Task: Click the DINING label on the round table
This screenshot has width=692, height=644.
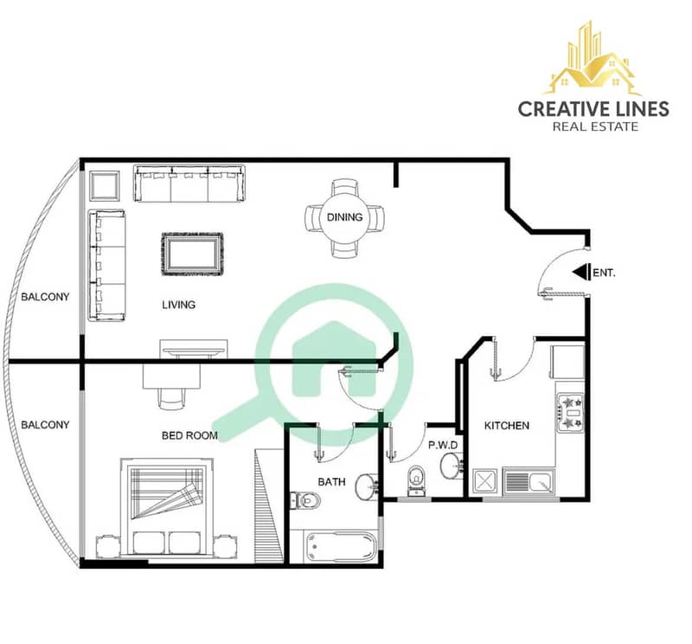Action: coord(344,217)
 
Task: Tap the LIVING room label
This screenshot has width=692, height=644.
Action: coord(179,305)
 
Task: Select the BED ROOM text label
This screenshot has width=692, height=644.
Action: coord(189,435)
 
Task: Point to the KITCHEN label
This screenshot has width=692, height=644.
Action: coord(507,425)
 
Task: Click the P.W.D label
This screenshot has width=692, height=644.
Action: coord(443,445)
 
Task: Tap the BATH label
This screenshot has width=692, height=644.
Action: coord(331,482)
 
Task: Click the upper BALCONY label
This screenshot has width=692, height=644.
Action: coord(46,297)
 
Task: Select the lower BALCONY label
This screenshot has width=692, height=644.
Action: coord(46,425)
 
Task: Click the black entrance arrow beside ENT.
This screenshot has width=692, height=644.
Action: coord(581,272)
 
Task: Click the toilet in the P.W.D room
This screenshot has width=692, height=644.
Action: coord(416,480)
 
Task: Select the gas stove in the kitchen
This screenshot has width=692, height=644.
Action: coord(571,413)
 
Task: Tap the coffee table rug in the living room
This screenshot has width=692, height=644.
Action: coord(192,254)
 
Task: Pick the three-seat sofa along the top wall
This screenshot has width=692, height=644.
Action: coord(189,184)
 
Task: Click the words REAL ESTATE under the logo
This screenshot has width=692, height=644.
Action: coord(595,126)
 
